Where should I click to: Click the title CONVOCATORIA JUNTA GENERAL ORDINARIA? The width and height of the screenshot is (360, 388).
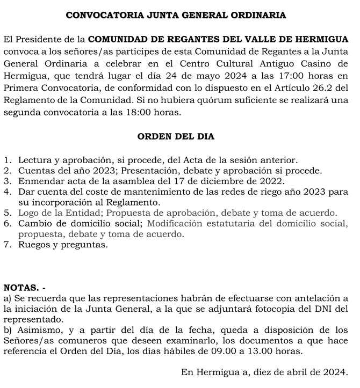pos(176,14)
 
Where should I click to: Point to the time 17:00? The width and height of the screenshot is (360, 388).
pos(289,77)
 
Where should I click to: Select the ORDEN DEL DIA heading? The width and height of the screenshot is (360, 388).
pos(176,136)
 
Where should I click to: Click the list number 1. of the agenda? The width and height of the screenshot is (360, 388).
pos(7,160)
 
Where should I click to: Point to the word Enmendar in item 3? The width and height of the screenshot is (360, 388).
pos(38,181)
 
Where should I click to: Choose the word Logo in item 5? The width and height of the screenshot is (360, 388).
pos(28,213)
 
